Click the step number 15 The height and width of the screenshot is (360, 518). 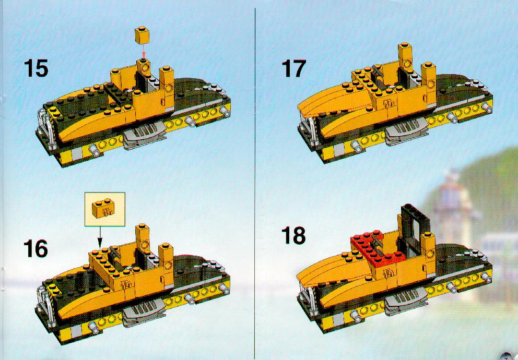[36, 69]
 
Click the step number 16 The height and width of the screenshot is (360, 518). [36, 249]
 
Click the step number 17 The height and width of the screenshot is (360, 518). [293, 69]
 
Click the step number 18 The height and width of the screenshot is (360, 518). [293, 236]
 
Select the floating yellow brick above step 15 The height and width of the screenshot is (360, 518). [143, 35]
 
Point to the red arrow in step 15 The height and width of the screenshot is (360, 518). [143, 52]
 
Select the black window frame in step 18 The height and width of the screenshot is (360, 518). [414, 231]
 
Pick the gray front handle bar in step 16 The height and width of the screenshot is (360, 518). [46, 305]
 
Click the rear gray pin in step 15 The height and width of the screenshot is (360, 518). [225, 112]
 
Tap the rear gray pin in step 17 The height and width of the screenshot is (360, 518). [487, 107]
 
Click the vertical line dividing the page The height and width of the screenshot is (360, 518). [255, 180]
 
